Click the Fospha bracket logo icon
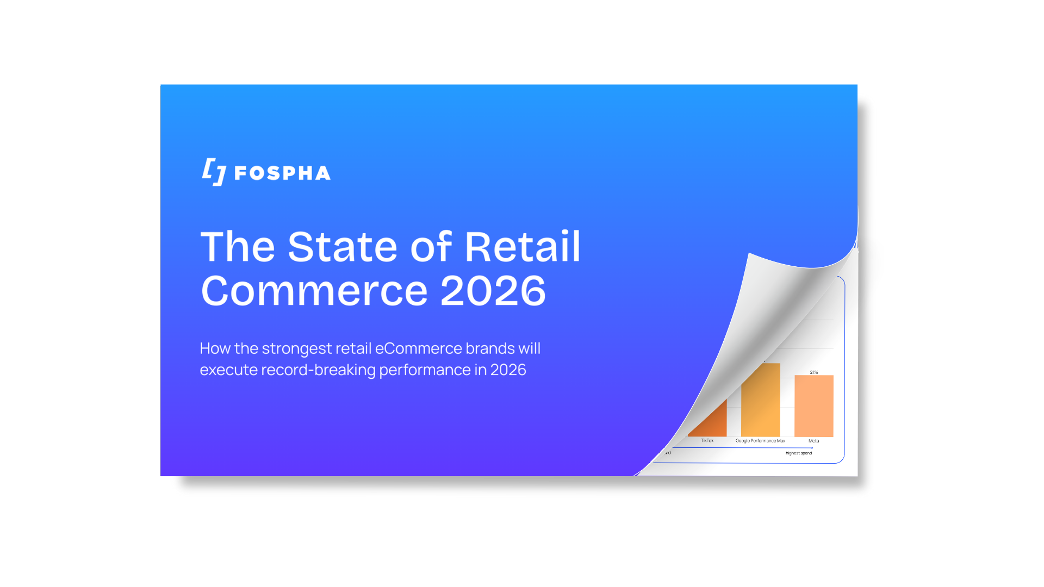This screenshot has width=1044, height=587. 214,172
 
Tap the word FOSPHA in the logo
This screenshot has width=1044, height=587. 282,173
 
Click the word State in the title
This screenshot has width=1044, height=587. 343,247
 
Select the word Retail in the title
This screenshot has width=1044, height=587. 523,247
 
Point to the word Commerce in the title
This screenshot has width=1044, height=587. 314,291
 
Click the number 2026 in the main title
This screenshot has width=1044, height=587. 493,291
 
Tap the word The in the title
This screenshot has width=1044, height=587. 238,247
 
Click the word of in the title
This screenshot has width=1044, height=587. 431,247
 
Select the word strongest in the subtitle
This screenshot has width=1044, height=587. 297,348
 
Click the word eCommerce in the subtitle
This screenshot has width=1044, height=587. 419,348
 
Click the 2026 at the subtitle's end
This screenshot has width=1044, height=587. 508,370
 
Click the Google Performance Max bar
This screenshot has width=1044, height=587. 761,402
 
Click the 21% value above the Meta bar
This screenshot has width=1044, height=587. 813,372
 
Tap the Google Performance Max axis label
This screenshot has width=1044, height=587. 760,441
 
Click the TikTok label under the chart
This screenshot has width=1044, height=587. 707,441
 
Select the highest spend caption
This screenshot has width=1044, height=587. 798,453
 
